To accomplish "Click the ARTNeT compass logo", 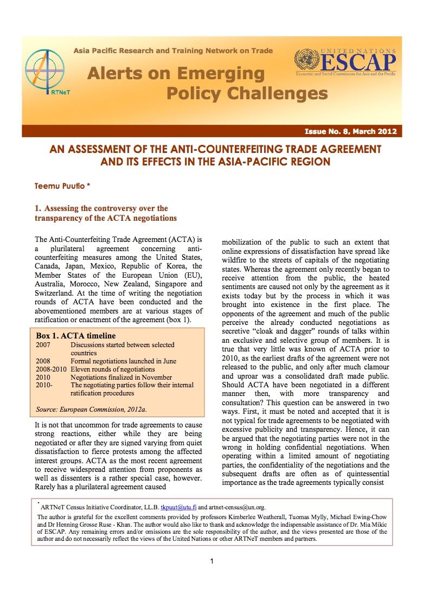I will coord(44,73).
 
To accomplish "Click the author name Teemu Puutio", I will coord(62,185).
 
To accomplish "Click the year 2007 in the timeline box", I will coord(44,344).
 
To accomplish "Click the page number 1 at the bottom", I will coord(211,561).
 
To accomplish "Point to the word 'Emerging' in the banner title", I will coord(219,73).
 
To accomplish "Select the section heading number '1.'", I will coord(37,208).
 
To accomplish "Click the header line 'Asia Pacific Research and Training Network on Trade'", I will coord(173,51).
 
